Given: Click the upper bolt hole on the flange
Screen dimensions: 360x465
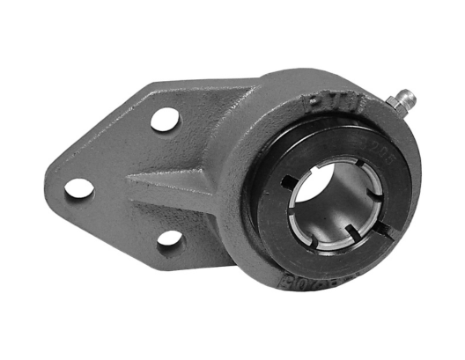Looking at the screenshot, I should click(165, 118).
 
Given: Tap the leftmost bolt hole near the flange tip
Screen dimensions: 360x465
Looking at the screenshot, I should click(79, 187).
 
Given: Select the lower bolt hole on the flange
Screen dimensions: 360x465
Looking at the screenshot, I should click(169, 237).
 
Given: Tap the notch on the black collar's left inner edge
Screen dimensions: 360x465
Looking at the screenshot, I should click(286, 183).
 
